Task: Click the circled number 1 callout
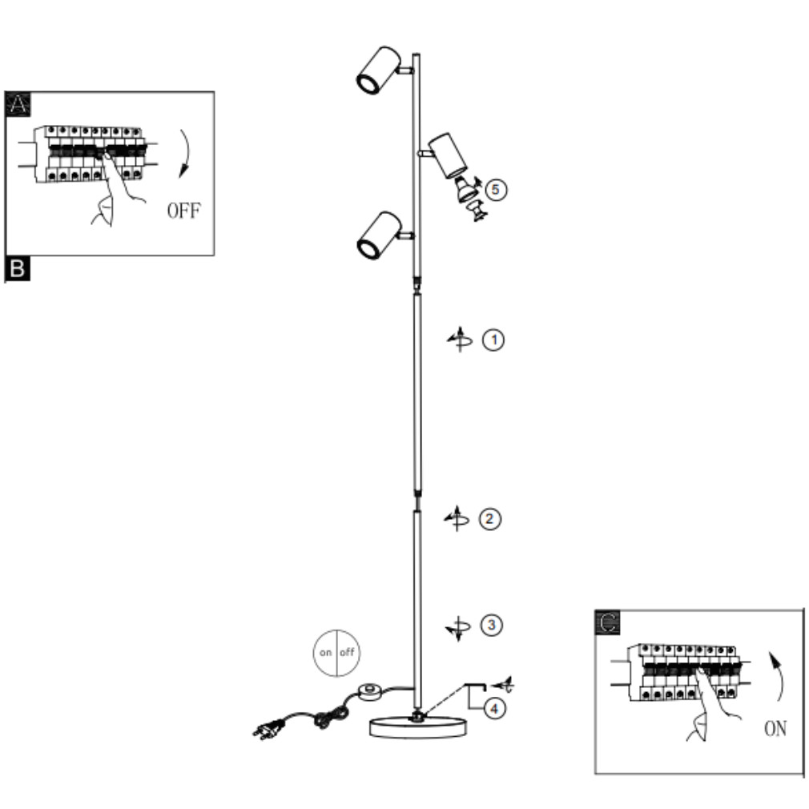(493, 340)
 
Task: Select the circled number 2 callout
(489, 518)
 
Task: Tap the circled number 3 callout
(491, 626)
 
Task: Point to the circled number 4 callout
(494, 709)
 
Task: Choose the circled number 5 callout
(496, 189)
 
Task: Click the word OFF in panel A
(183, 211)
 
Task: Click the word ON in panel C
(775, 729)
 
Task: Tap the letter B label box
(18, 269)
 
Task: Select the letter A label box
(18, 105)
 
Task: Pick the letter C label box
(608, 622)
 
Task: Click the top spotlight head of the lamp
(379, 70)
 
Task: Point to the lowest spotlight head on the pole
(379, 235)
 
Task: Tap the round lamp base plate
(418, 727)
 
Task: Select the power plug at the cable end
(268, 730)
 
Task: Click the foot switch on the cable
(369, 691)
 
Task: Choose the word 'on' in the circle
(325, 653)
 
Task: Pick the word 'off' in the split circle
(348, 652)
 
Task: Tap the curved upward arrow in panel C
(778, 676)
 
